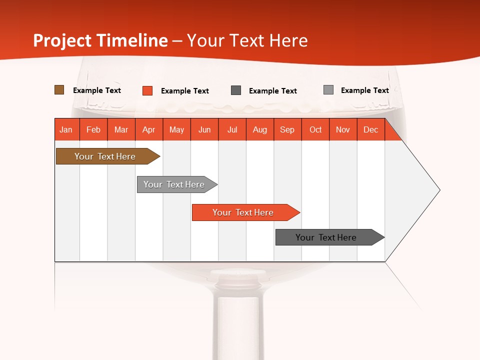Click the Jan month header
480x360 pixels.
tap(66, 129)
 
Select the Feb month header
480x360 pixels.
tap(93, 129)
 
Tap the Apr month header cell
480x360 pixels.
tap(149, 129)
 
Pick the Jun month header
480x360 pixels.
tap(204, 129)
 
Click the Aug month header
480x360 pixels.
tap(260, 129)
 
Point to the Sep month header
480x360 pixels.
tap(287, 129)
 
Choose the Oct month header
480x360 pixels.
tap(315, 129)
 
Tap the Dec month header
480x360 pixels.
tap(371, 129)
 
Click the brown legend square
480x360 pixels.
tap(59, 90)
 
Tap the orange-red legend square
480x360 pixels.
tap(147, 90)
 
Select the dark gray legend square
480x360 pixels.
tap(236, 90)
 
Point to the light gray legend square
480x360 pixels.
tap(328, 90)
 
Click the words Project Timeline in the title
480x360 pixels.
tap(100, 40)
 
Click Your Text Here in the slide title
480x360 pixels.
tap(247, 40)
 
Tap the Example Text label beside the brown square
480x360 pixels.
tap(97, 90)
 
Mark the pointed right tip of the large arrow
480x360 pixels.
tap(439, 190)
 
